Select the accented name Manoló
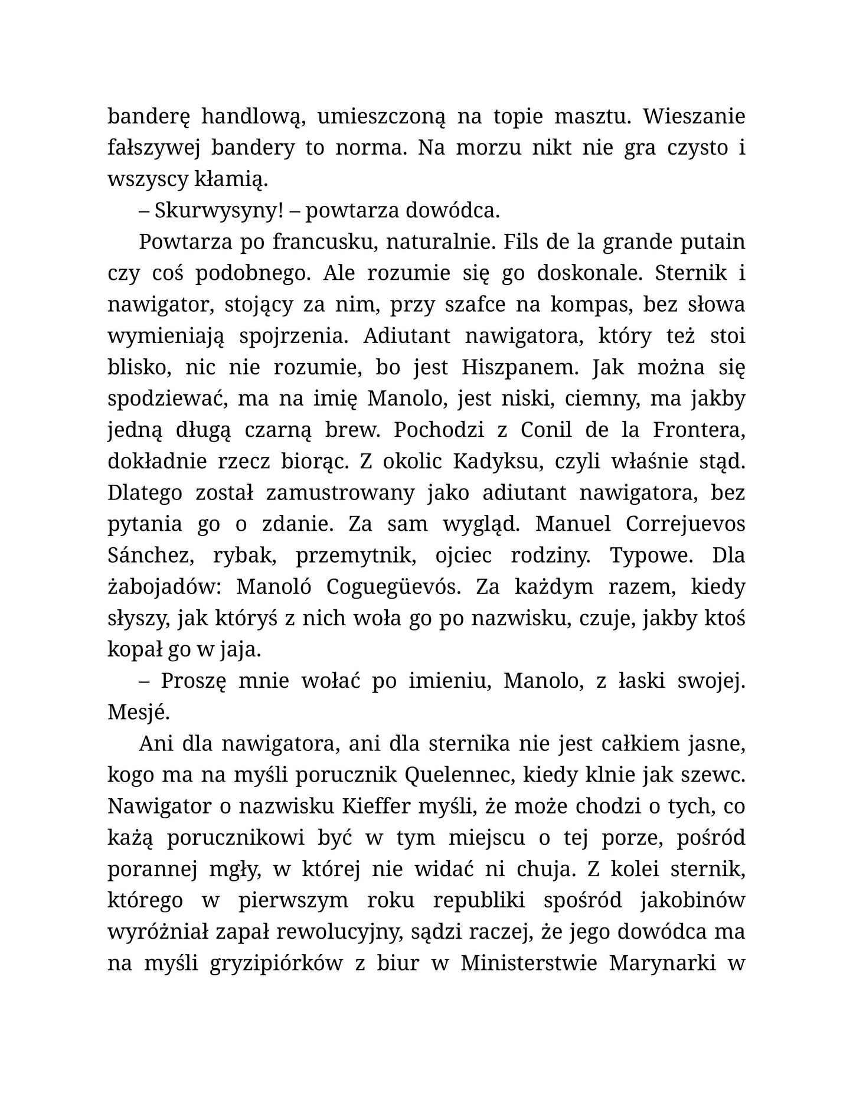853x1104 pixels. click(x=274, y=587)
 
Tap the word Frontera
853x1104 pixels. click(x=698, y=430)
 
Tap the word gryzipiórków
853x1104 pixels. click(x=276, y=963)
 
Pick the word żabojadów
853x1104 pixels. click(x=165, y=587)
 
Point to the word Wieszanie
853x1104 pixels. click(x=694, y=117)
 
